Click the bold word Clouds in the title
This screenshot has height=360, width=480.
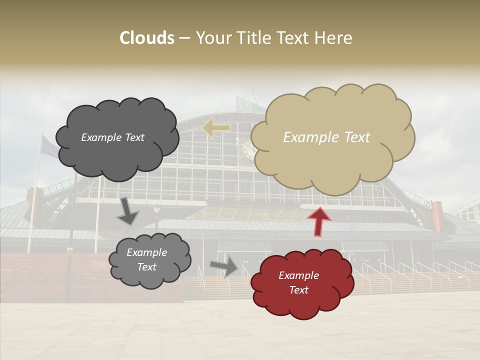pyautogui.click(x=147, y=38)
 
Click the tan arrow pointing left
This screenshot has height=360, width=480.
pyautogui.click(x=216, y=128)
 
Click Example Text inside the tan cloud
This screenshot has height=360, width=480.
pyautogui.click(x=326, y=137)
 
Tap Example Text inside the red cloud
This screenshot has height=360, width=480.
pyautogui.click(x=298, y=282)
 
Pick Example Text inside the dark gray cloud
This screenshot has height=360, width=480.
pyautogui.click(x=112, y=137)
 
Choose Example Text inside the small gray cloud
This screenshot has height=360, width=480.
pyautogui.click(x=146, y=260)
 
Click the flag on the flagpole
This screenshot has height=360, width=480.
pyautogui.click(x=48, y=147)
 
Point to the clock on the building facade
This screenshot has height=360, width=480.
pyautogui.click(x=248, y=150)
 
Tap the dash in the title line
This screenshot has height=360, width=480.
pyautogui.click(x=184, y=38)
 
